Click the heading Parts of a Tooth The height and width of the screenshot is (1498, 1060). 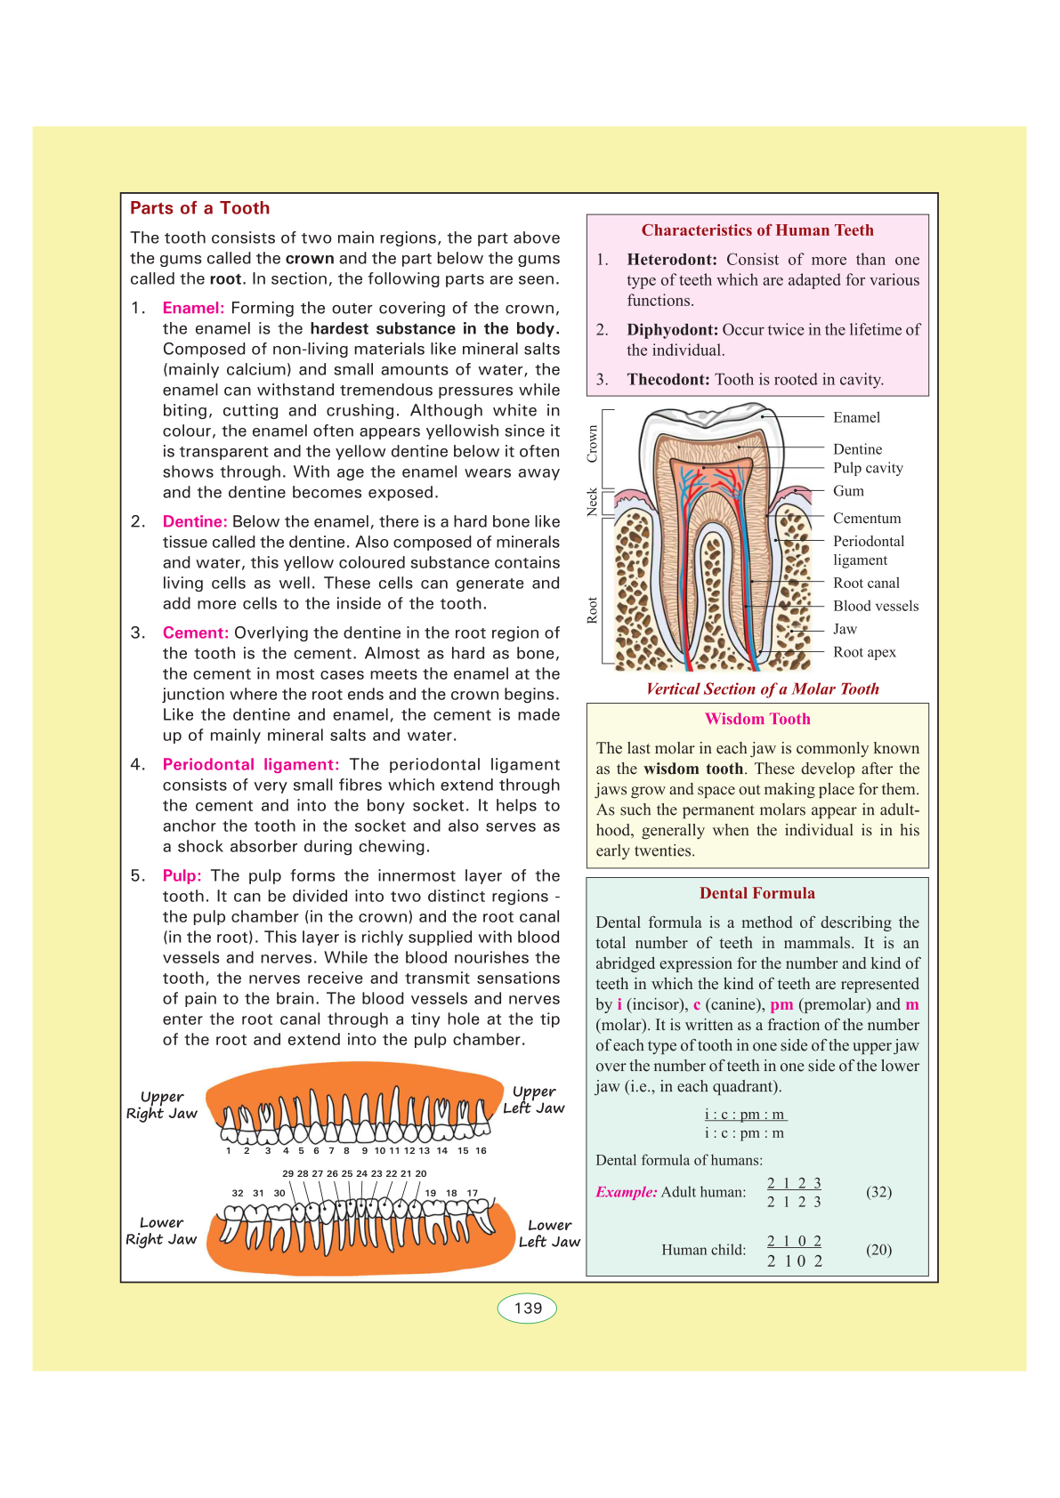[x=199, y=208]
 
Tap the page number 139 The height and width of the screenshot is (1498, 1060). [x=528, y=1308]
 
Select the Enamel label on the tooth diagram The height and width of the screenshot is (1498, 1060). [x=856, y=417]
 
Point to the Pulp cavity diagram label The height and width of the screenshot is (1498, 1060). [x=868, y=468]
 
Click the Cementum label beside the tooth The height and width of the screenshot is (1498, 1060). [x=867, y=518]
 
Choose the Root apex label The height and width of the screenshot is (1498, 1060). [x=864, y=652]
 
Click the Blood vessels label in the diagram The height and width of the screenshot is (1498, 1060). [x=876, y=606]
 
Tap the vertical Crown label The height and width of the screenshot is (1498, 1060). [x=593, y=443]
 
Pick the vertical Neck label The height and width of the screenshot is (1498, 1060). [x=593, y=502]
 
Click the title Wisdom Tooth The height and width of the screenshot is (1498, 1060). [x=757, y=719]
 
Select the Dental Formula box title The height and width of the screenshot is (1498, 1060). [x=757, y=893]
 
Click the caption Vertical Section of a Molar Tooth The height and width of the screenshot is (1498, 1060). [x=762, y=689]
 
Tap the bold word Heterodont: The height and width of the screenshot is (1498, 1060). [x=672, y=260]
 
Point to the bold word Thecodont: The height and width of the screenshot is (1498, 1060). [x=668, y=380]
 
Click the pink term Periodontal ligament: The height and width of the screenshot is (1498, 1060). [x=251, y=765]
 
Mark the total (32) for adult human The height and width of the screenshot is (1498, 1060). [x=878, y=1192]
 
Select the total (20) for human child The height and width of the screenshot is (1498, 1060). [x=878, y=1250]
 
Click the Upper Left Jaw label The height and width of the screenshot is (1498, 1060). [x=534, y=1099]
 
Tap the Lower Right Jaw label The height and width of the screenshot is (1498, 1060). [x=161, y=1231]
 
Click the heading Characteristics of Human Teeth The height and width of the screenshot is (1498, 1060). [x=757, y=230]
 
